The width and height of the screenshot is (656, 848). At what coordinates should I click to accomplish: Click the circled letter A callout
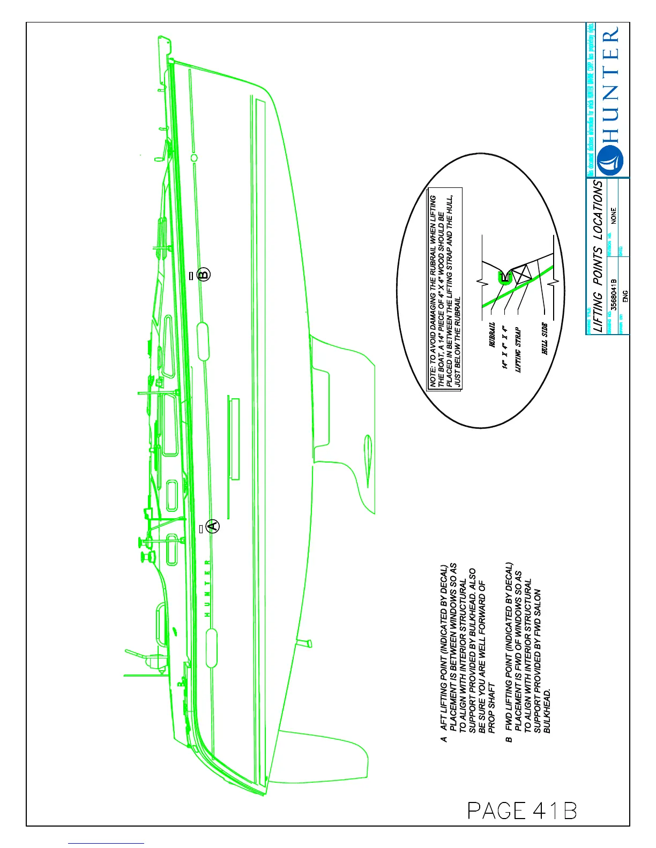[213, 526]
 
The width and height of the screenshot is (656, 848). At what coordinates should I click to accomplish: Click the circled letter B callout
[203, 275]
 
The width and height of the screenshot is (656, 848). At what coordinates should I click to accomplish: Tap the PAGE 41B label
[522, 811]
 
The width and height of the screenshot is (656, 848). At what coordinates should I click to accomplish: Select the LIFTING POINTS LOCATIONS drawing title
[598, 256]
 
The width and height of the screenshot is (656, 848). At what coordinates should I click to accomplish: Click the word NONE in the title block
[614, 215]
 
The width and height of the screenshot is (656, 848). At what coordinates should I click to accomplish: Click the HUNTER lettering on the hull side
[207, 588]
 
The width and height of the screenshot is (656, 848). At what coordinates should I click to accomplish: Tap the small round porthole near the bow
[194, 157]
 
